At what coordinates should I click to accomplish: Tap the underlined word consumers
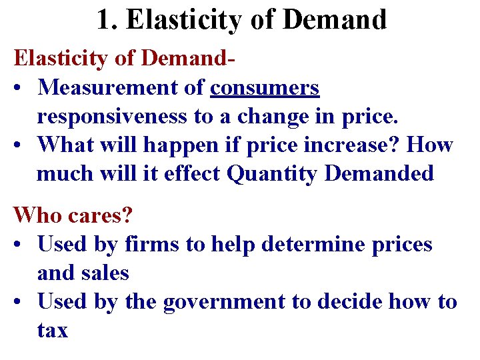pyautogui.click(x=265, y=87)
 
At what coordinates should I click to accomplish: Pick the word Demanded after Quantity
pyautogui.click(x=379, y=173)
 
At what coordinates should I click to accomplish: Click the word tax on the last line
pyautogui.click(x=52, y=331)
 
